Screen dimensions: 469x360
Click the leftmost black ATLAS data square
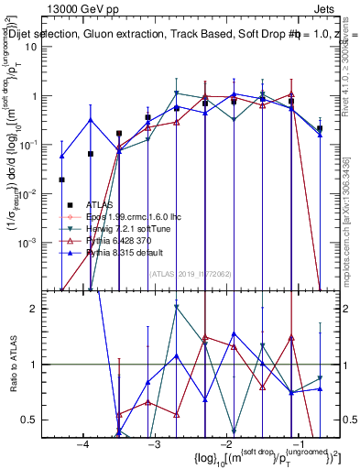(x=61, y=180)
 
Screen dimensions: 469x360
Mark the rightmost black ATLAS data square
(x=319, y=129)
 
